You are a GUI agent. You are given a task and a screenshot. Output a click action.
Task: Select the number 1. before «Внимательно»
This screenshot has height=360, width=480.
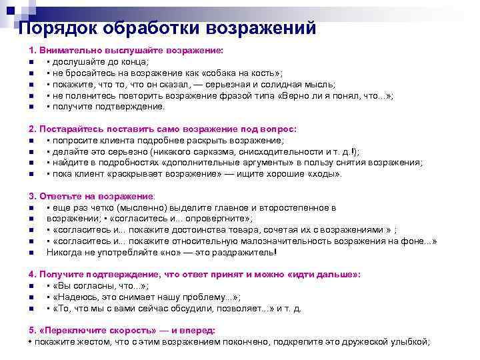pos(32,51)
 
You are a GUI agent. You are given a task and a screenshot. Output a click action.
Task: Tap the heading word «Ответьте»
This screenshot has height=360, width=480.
pos(59,197)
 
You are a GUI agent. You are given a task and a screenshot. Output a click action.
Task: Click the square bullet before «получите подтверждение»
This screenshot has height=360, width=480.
pos(32,107)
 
